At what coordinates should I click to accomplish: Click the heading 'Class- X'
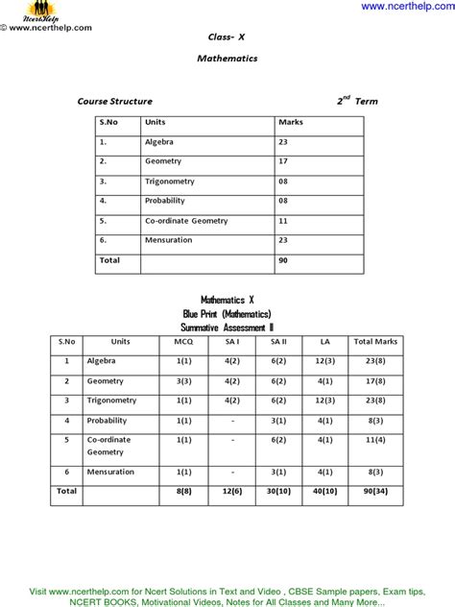pyautogui.click(x=227, y=36)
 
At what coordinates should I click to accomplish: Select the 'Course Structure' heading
pyautogui.click(x=114, y=101)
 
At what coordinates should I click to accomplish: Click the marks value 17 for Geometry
pyautogui.click(x=283, y=161)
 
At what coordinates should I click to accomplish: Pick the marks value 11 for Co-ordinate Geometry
pyautogui.click(x=283, y=221)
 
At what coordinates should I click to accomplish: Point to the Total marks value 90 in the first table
pyautogui.click(x=283, y=260)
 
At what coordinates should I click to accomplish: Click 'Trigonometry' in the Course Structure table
pyautogui.click(x=172, y=181)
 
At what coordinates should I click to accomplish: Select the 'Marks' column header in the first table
pyautogui.click(x=290, y=122)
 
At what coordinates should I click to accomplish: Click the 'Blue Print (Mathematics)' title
pyautogui.click(x=227, y=314)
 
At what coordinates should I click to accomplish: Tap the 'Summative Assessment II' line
pyautogui.click(x=227, y=328)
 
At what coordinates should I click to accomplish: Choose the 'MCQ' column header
pyautogui.click(x=184, y=341)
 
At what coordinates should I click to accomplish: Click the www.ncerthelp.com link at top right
pyautogui.click(x=406, y=7)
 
